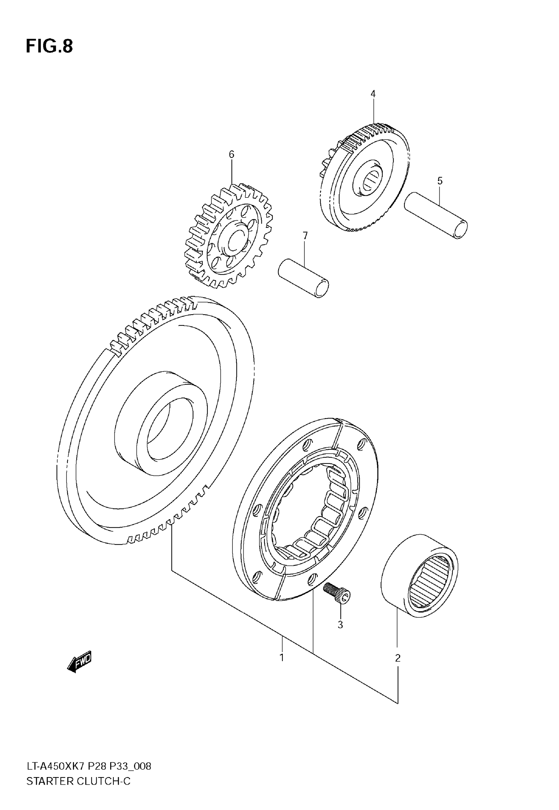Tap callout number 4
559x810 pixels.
pos(373,94)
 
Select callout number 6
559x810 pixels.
pos(231,155)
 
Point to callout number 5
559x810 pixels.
pos(440,181)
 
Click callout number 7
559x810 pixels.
pos(305,236)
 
